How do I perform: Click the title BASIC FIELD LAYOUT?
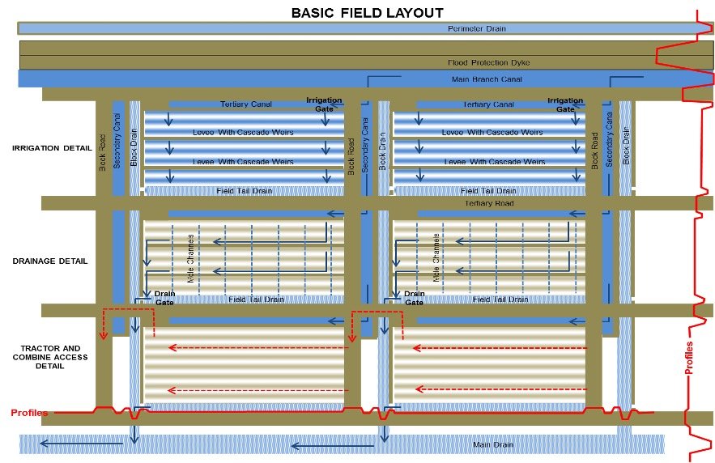click(x=356, y=12)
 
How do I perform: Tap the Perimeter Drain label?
click(x=476, y=29)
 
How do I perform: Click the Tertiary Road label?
click(x=489, y=203)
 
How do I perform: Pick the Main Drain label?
click(x=492, y=445)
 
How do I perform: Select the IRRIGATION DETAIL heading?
click(x=51, y=148)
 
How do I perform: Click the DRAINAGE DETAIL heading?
click(x=50, y=261)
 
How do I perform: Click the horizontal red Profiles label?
click(x=29, y=413)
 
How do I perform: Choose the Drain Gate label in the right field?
click(x=414, y=298)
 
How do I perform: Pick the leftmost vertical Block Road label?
click(x=103, y=151)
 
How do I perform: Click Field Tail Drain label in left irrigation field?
click(x=245, y=191)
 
